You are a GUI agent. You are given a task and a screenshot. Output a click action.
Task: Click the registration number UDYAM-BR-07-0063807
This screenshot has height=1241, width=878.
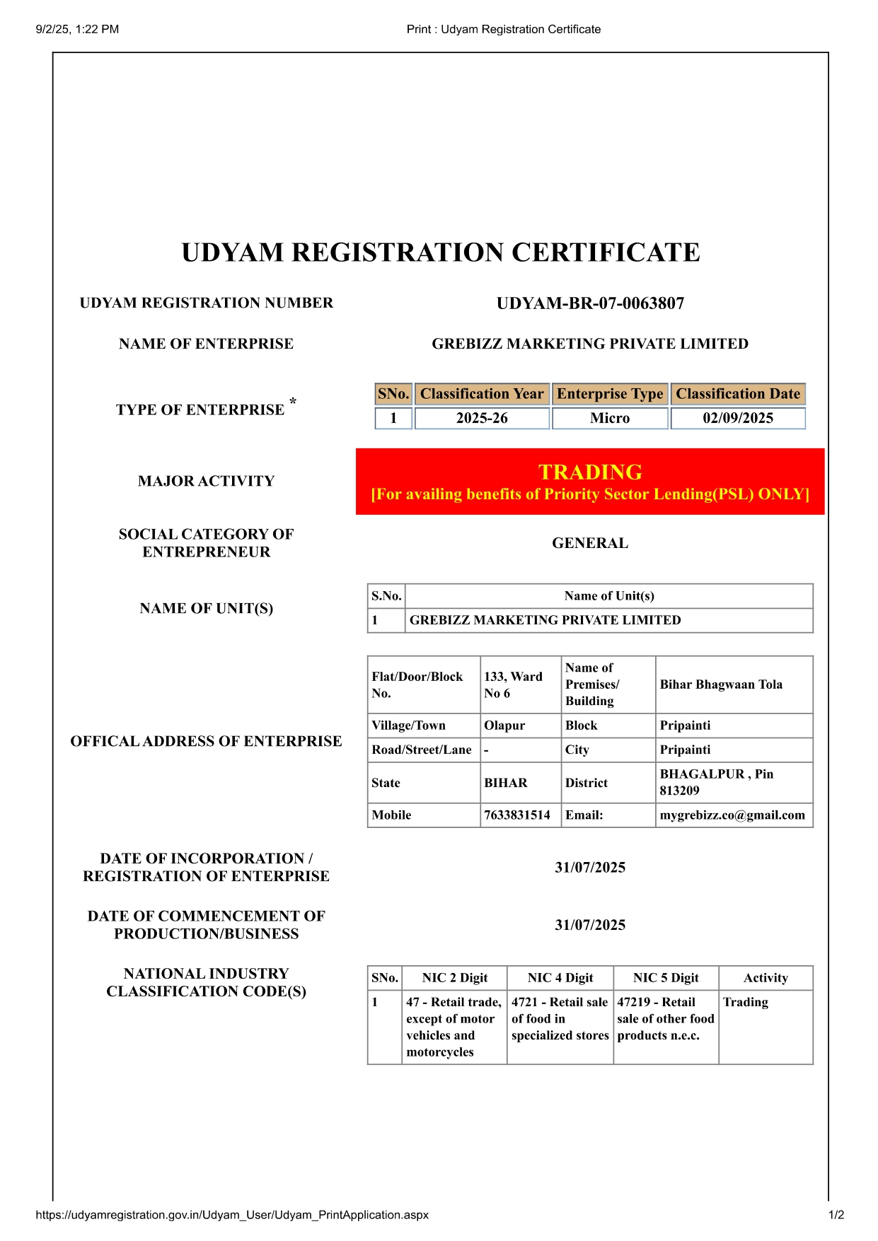tap(590, 303)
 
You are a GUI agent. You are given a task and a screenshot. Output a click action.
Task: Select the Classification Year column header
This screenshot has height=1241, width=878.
tap(482, 394)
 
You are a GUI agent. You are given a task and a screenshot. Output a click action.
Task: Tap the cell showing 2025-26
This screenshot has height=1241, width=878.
tap(482, 418)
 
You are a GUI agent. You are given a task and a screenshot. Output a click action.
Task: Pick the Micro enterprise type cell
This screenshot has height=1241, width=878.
tap(610, 418)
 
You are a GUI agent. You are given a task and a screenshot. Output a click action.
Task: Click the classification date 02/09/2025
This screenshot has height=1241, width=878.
tap(738, 418)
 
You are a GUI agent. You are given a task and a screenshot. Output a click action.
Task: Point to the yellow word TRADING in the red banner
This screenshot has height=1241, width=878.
tap(590, 472)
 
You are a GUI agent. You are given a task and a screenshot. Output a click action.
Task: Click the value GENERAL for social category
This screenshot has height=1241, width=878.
tap(590, 543)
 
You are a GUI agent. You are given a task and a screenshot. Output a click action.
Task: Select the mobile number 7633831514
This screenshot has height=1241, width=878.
tap(517, 815)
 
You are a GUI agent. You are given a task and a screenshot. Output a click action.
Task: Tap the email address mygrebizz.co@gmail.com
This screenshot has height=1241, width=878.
tap(732, 815)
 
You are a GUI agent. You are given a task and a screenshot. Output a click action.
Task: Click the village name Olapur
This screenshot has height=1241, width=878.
tap(504, 726)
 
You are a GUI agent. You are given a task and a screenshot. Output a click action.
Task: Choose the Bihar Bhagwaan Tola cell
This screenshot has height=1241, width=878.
tap(721, 684)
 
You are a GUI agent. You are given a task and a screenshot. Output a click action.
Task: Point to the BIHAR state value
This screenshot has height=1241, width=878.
tap(506, 783)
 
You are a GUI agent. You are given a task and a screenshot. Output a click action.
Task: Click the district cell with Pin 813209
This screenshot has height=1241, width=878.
tap(716, 782)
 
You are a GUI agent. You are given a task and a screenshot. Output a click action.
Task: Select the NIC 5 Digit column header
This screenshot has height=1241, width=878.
tap(666, 978)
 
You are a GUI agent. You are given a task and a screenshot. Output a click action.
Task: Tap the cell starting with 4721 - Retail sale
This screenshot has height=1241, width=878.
tap(560, 1019)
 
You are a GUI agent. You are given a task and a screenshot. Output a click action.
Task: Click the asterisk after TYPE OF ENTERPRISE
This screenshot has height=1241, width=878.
tap(293, 402)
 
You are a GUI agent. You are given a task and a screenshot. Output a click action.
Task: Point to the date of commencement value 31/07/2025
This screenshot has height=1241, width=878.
tap(590, 925)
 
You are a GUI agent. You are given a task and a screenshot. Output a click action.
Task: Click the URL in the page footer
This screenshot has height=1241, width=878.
tap(232, 1215)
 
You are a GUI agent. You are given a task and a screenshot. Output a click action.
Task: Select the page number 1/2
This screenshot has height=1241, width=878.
tap(836, 1215)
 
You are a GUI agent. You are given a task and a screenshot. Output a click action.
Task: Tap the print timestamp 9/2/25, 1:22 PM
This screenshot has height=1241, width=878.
tap(77, 29)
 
